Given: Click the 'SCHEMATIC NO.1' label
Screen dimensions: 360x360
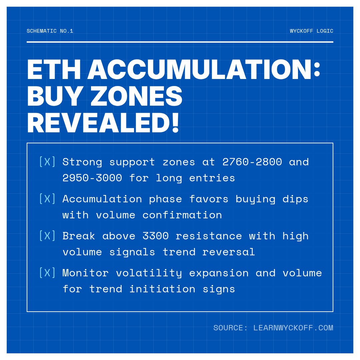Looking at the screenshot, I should pos(50,31).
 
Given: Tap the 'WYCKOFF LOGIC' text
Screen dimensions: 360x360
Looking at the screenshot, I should pos(311,31).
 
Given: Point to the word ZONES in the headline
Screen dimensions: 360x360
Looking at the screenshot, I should pos(136,97).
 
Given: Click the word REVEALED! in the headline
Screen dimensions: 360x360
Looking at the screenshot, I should pos(103,123).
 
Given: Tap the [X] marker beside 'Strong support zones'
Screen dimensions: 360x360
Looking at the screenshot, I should pos(47,162).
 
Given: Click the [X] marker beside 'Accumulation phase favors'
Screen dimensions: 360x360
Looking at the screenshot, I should pos(47,199).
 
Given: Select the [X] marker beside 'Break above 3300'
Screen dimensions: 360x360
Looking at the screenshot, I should pos(47,236).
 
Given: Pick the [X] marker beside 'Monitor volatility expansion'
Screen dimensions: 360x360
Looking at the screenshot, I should pos(47,273).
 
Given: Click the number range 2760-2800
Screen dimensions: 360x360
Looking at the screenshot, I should pos(252,162).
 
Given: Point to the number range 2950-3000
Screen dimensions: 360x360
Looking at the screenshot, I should pos(92,178).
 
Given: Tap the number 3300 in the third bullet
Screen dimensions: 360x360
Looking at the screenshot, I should pos(155,236).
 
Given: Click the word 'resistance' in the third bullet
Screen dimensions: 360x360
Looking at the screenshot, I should pos(209,236).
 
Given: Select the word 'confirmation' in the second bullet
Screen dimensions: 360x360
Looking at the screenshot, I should pos(182,215).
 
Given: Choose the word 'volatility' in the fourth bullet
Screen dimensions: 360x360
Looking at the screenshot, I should pos(149,273).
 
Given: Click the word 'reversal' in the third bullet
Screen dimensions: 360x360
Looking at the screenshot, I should pos(228,252).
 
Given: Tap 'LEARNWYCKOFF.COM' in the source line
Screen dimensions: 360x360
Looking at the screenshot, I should pos(293,328).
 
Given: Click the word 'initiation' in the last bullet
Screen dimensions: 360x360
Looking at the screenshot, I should pos(162,289).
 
